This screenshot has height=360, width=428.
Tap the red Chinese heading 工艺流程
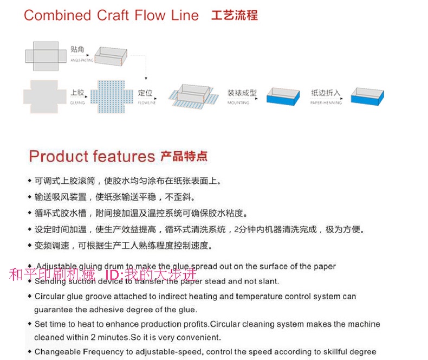[234, 15]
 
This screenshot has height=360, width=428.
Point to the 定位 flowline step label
[145, 93]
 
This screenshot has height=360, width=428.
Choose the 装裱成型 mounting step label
[242, 93]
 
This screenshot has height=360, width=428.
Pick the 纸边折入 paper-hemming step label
[326, 93]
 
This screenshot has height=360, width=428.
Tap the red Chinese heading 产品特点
[184, 157]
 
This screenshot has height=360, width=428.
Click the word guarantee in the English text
[53, 310]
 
